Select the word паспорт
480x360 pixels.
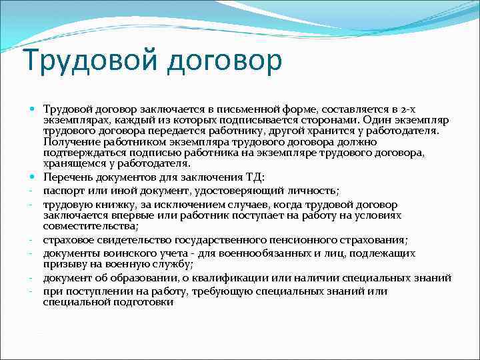coord(63,190)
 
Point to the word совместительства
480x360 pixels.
coord(89,227)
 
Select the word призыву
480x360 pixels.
coord(65,264)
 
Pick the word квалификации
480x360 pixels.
coord(224,277)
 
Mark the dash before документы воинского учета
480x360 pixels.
coord(32,253)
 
